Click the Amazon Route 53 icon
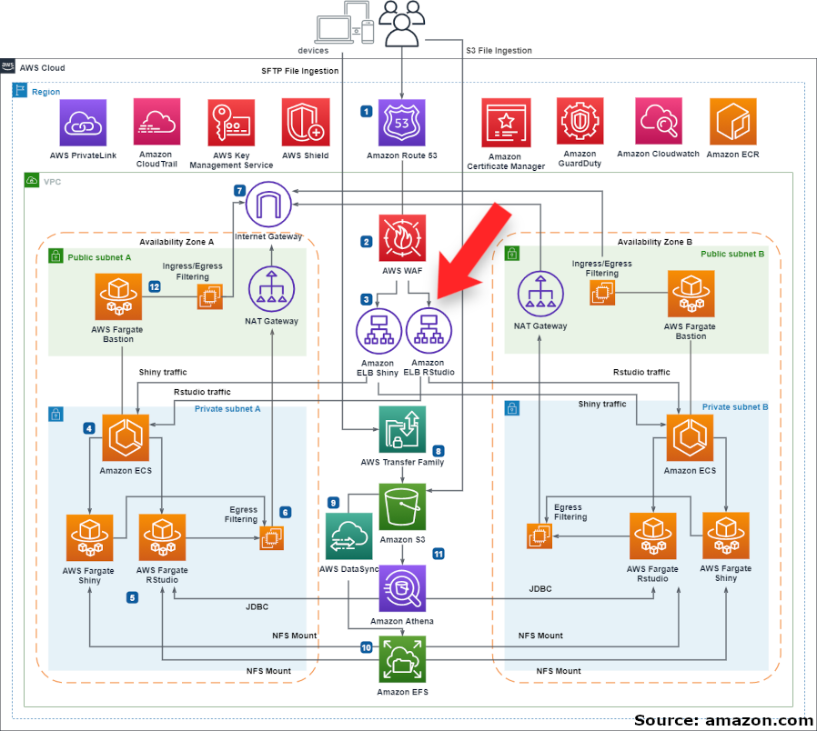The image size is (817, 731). tap(402, 123)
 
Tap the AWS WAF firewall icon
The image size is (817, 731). tap(402, 238)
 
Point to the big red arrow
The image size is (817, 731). tap(473, 250)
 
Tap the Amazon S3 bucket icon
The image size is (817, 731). tap(401, 506)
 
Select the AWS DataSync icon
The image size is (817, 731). tap(348, 536)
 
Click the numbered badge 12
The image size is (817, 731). tap(155, 286)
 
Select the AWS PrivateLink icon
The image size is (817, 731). tap(83, 123)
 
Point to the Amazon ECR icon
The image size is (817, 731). tap(732, 123)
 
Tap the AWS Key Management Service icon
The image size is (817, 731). tap(231, 123)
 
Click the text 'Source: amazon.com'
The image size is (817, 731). tap(723, 720)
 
